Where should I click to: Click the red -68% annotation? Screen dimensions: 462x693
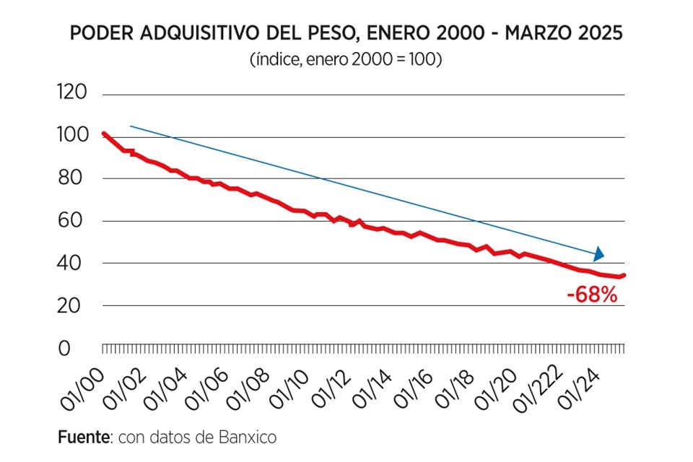592,295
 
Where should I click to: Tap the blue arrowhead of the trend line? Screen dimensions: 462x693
598,253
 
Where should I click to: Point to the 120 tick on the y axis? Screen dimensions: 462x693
71,93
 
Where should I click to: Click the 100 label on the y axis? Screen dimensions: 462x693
71,136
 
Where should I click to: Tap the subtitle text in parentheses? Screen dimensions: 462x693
345,59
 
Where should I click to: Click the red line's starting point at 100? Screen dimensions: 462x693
104,134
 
